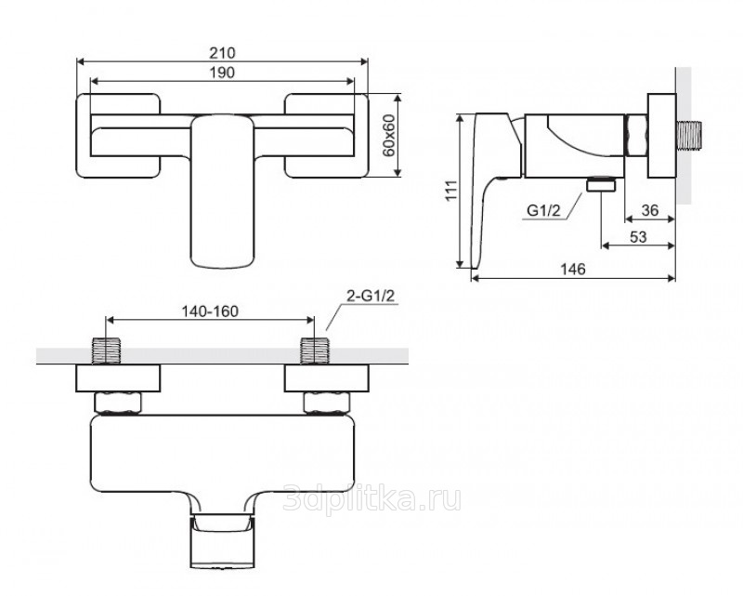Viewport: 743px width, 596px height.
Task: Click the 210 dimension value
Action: pyautogui.click(x=222, y=53)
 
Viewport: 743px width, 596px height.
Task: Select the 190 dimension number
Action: pyautogui.click(x=222, y=73)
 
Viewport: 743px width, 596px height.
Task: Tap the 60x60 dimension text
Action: pyautogui.click(x=388, y=135)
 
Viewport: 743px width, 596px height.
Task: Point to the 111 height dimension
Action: pyautogui.click(x=451, y=191)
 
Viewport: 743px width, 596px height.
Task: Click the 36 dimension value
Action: pyautogui.click(x=649, y=210)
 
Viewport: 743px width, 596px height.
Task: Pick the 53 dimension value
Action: pyautogui.click(x=638, y=236)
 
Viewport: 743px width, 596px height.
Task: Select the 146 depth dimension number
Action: pyautogui.click(x=573, y=269)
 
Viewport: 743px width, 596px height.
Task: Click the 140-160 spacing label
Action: pyautogui.click(x=211, y=311)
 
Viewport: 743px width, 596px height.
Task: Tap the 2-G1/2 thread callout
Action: pyautogui.click(x=371, y=296)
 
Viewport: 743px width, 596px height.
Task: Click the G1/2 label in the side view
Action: pyautogui.click(x=543, y=210)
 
